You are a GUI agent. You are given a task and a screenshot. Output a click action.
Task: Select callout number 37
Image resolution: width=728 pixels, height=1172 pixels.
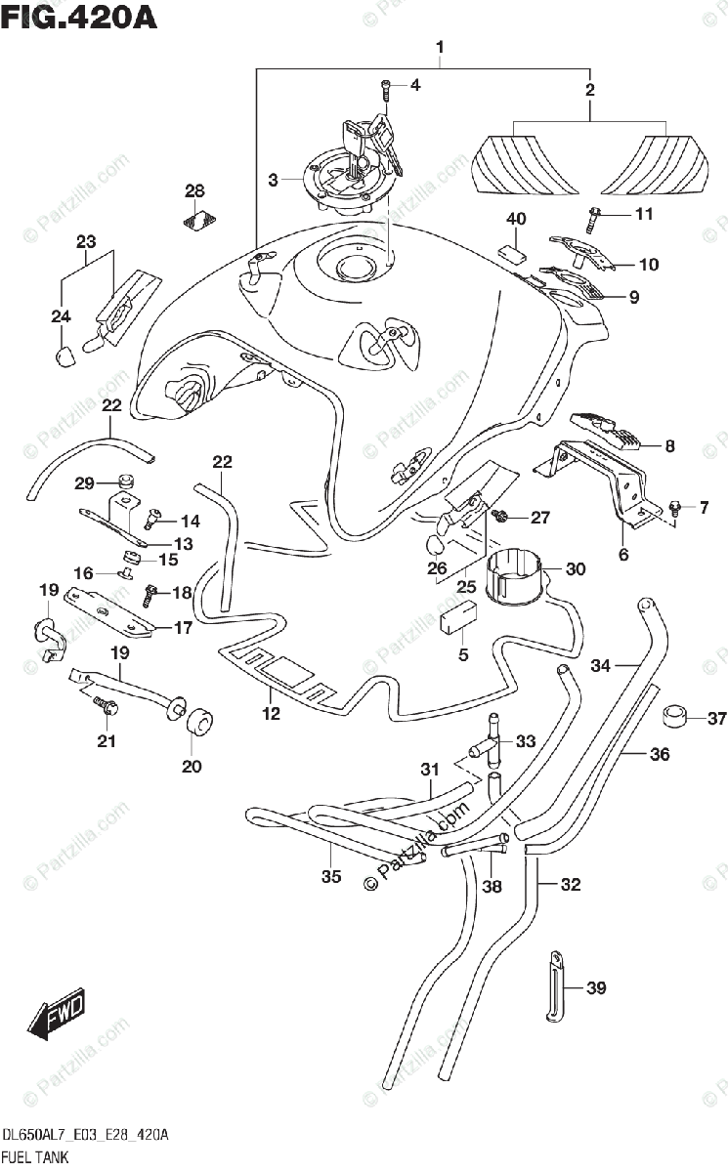pos(716,719)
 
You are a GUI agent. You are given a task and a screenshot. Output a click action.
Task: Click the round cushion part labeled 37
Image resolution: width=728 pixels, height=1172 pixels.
pos(673,717)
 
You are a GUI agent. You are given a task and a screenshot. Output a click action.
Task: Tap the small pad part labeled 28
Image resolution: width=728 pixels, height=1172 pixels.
pos(200,221)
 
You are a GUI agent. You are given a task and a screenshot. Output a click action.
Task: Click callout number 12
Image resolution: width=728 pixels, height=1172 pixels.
pos(271,714)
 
